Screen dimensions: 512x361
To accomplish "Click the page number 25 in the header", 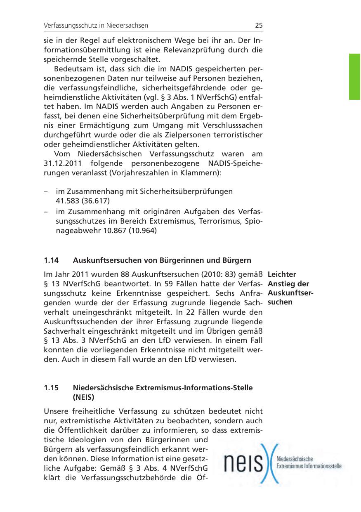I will pos(258,25).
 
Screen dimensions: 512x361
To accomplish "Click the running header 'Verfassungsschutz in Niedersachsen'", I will pos(96,26).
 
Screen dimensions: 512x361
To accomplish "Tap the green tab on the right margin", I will pos(354,76).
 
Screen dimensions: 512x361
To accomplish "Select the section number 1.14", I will pos(51,260).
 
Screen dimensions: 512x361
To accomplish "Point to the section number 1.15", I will pos(51,388).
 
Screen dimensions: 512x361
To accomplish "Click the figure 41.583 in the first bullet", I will pos(68,201).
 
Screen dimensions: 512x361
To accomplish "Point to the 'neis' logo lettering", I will pos(244,464).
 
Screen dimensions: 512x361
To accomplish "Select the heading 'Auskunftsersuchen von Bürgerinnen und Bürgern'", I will pos(162,260).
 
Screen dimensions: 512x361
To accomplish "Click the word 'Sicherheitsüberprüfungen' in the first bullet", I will pos(186,191).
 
